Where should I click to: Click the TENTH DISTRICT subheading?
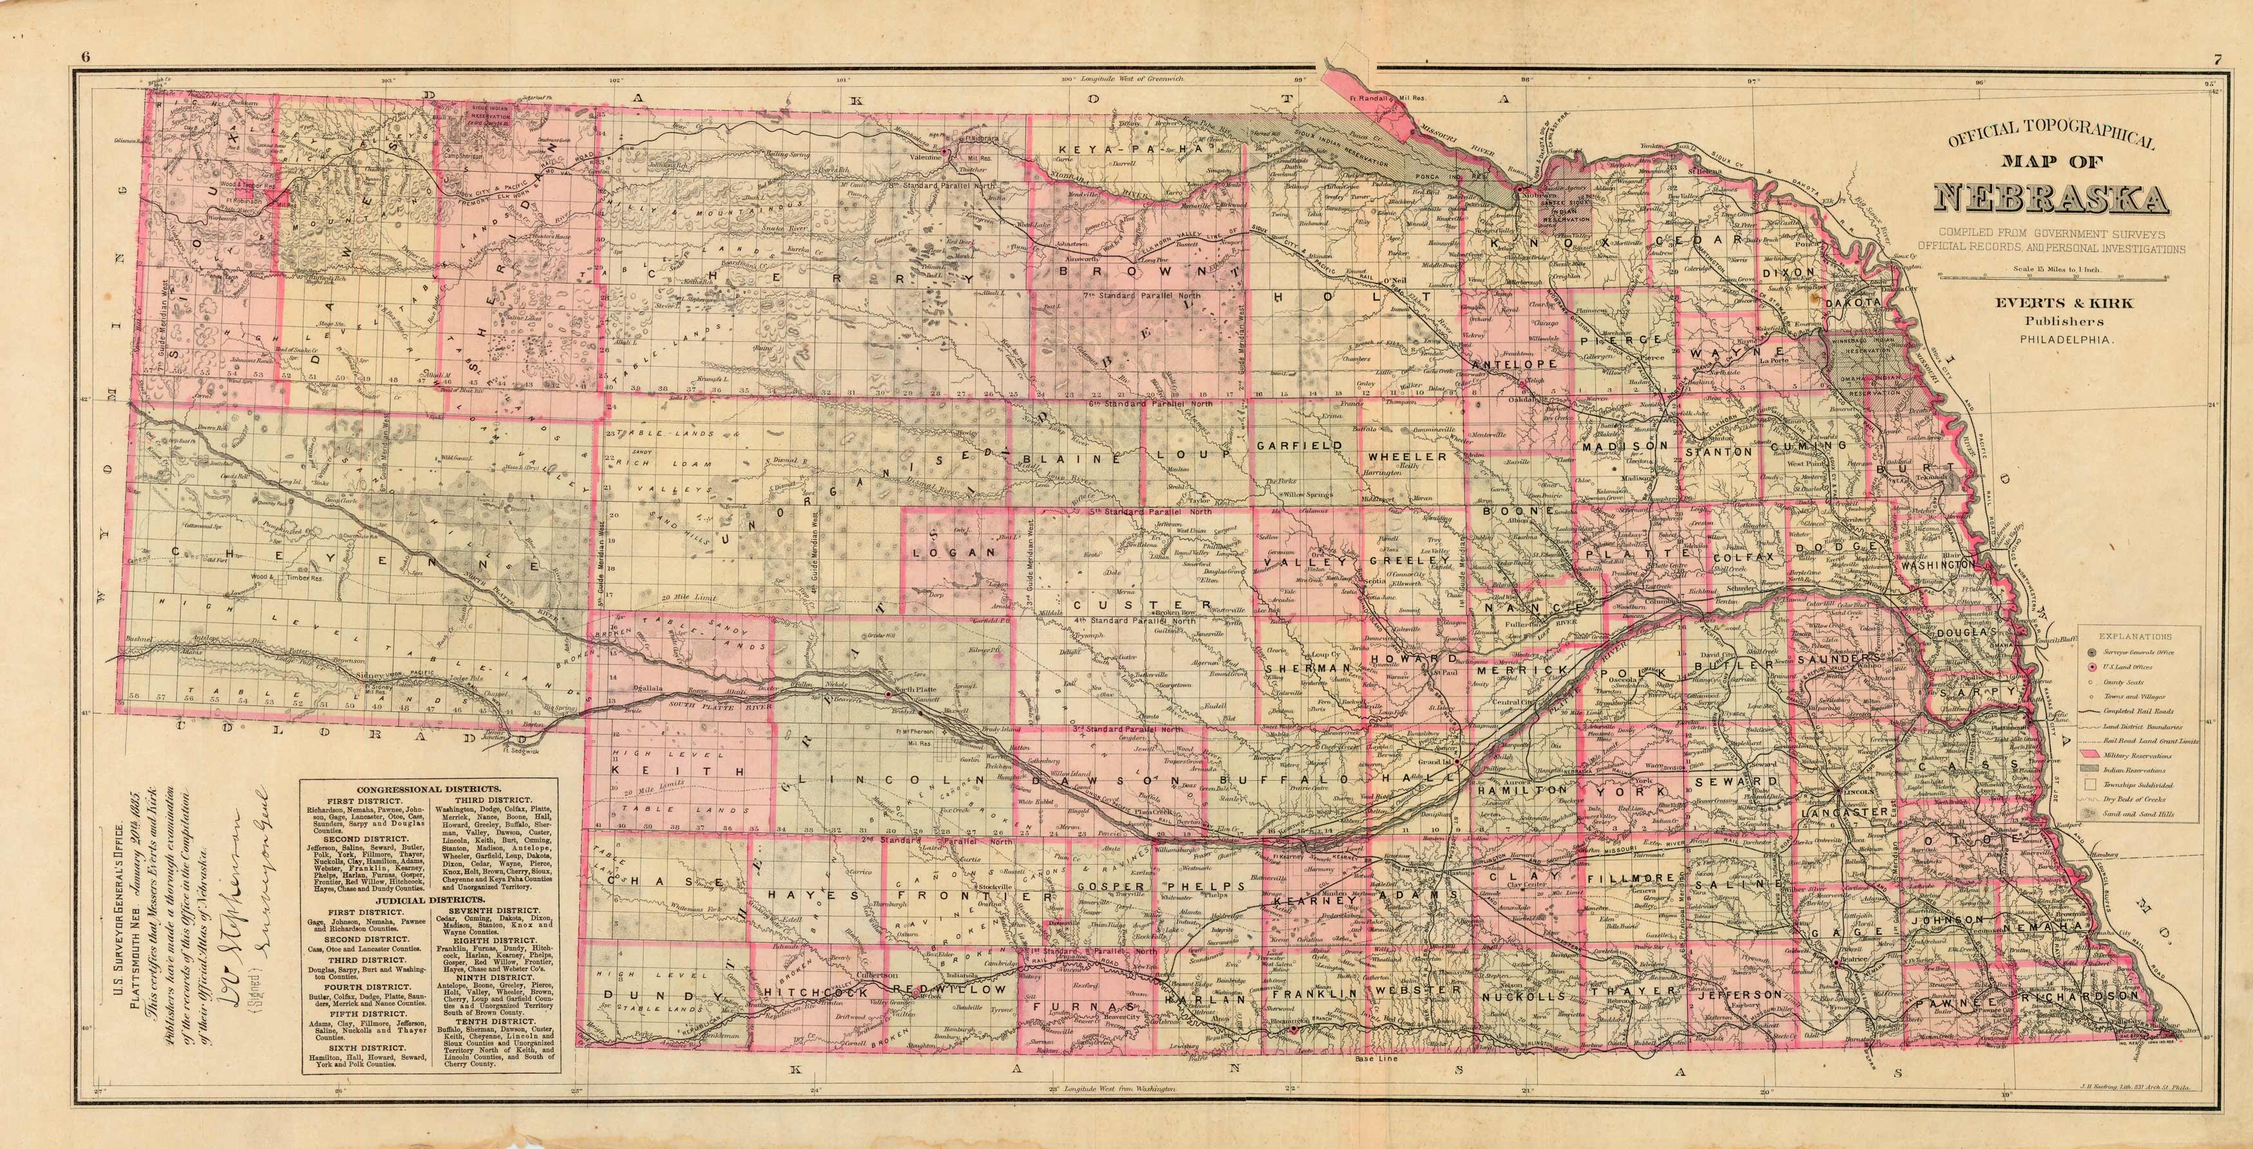496,1020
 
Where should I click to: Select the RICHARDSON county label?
2077,996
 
